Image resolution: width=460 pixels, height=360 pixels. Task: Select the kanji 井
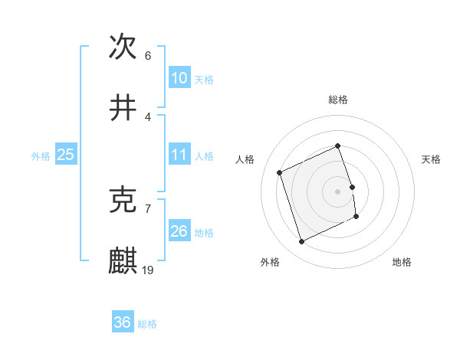[123, 109]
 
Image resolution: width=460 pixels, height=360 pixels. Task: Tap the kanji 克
[123, 201]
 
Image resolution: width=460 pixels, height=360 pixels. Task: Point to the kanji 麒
[123, 261]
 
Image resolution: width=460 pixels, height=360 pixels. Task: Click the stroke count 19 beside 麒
[148, 270]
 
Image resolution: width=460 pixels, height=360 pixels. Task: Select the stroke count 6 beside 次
[148, 56]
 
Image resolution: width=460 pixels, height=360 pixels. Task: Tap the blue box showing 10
[179, 78]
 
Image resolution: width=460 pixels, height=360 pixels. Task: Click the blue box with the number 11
[179, 155]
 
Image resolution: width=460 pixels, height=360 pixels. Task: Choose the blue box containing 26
[179, 231]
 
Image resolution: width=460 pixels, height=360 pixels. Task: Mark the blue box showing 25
[66, 155]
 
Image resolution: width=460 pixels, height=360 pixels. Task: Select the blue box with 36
[123, 322]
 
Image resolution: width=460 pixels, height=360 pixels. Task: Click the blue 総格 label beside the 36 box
[147, 324]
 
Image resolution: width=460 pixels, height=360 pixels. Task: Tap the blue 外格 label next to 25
[41, 156]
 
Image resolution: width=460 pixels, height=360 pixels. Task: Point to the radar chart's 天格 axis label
[431, 159]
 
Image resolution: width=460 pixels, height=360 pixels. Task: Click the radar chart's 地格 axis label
[402, 262]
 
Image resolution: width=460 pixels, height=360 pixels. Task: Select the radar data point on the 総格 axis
[337, 146]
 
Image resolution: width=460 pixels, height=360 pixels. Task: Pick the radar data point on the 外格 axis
[301, 242]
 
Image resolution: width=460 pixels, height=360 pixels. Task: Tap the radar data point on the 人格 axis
[280, 172]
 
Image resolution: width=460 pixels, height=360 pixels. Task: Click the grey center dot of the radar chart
[337, 191]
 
